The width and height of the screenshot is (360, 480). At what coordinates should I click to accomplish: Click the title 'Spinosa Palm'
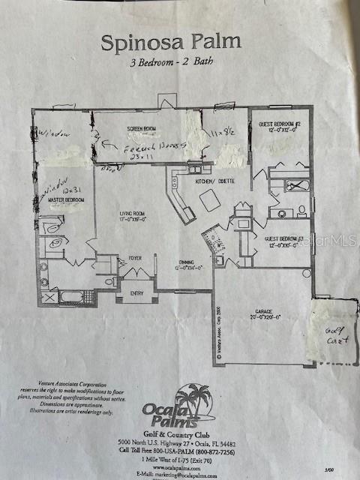pyautogui.click(x=171, y=40)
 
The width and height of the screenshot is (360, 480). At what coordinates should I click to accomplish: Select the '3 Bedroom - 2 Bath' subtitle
pyautogui.click(x=171, y=63)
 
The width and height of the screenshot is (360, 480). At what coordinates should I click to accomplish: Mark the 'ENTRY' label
pyautogui.click(x=136, y=293)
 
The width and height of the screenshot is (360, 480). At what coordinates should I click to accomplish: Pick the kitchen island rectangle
pyautogui.click(x=208, y=200)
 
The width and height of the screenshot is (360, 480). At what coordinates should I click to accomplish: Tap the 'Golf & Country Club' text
pyautogui.click(x=177, y=431)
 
